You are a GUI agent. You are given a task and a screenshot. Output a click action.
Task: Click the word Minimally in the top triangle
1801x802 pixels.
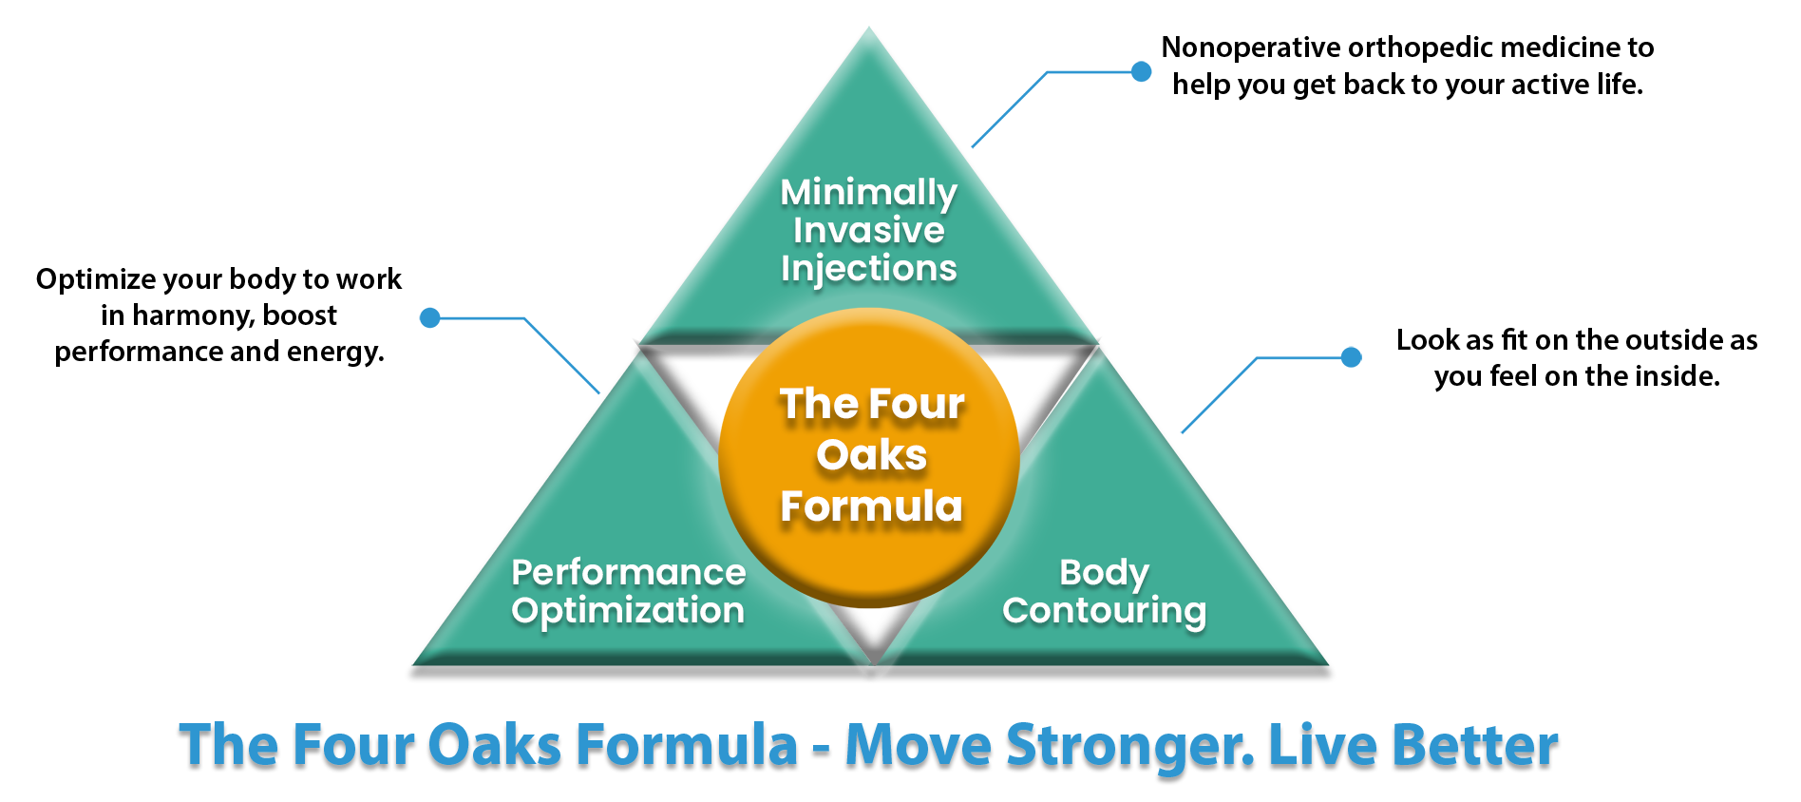tap(868, 194)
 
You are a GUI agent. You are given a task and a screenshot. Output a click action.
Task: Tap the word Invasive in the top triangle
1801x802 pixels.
tap(868, 231)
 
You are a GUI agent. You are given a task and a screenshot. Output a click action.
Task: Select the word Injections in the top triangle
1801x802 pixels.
tap(868, 269)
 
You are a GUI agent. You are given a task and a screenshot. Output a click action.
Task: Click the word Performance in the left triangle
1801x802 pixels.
tap(628, 573)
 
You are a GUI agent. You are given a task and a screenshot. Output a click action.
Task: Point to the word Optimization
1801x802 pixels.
tap(628, 611)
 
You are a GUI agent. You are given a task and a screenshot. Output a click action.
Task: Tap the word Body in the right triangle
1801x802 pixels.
tap(1104, 573)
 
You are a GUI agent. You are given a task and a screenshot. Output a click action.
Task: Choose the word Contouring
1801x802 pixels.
tap(1104, 611)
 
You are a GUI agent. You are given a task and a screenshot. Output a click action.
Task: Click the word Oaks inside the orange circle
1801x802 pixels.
tap(871, 455)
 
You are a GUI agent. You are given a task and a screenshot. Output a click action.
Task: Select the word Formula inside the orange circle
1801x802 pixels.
tap(871, 506)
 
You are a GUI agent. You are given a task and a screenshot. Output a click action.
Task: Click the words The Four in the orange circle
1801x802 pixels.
tap(871, 404)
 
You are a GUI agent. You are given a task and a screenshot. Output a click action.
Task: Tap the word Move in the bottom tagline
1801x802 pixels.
tap(919, 744)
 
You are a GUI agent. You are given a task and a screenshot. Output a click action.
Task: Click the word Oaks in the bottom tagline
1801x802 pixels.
tap(495, 744)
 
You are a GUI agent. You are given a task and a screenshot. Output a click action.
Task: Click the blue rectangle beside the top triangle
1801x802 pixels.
tap(1056, 105)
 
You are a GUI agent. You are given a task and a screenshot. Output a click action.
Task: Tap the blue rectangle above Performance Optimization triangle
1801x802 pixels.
tap(513, 351)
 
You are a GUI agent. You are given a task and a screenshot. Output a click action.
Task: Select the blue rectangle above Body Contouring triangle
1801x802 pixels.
tap(1268, 391)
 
